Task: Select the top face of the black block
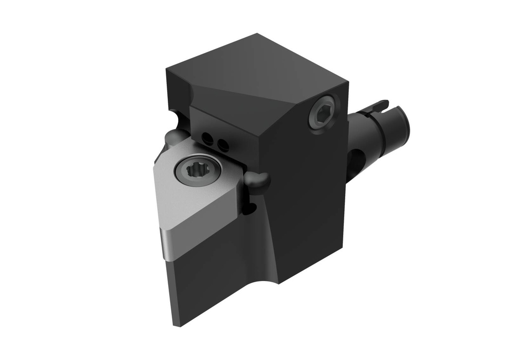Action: pyautogui.click(x=258, y=69)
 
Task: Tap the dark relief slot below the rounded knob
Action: pyautogui.click(x=252, y=206)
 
